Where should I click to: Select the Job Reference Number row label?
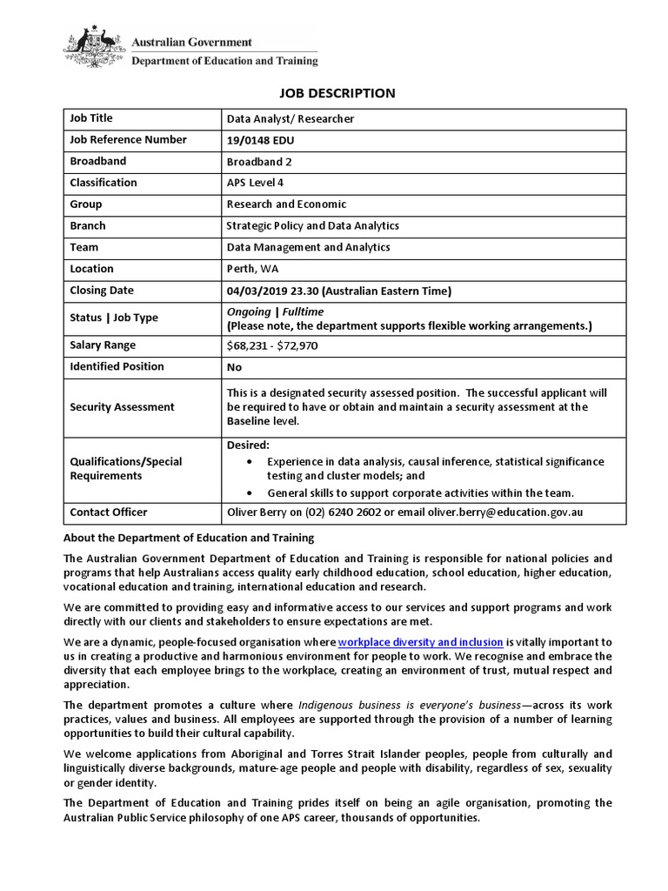point(128,139)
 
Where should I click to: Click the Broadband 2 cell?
point(259,162)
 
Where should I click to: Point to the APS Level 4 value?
point(255,183)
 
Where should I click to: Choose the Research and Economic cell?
point(286,204)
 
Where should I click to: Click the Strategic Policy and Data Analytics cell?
point(312,226)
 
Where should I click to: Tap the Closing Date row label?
point(102,291)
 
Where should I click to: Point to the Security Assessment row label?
point(122,407)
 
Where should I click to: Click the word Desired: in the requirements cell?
point(248,445)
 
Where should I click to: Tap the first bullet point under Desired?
point(252,461)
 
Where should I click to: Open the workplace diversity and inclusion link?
point(420,642)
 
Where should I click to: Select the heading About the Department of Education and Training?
point(189,538)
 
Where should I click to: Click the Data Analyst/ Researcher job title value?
point(290,119)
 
